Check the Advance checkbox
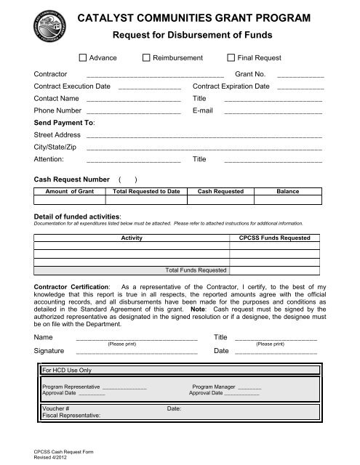(x=82, y=57)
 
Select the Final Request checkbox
(x=231, y=57)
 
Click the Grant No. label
(x=250, y=74)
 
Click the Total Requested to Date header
(x=140, y=191)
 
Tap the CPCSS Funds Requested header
(x=274, y=238)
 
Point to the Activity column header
(x=131, y=238)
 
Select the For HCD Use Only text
(x=67, y=371)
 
